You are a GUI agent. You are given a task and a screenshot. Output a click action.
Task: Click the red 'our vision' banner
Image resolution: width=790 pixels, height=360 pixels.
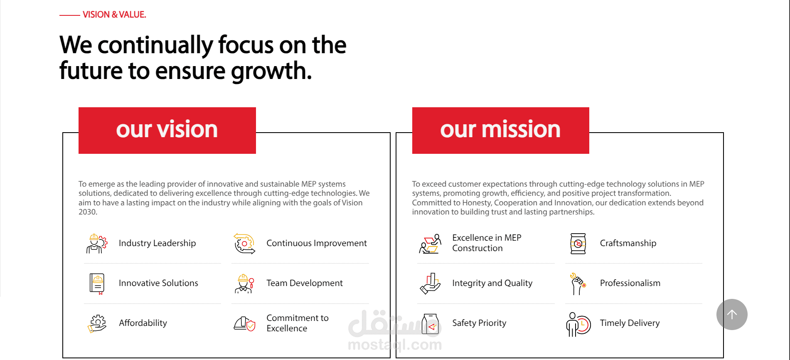click(167, 131)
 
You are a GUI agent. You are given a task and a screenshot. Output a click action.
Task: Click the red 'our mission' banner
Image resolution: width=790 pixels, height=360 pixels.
click(501, 131)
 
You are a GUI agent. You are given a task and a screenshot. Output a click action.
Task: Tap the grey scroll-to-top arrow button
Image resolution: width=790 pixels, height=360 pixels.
click(732, 314)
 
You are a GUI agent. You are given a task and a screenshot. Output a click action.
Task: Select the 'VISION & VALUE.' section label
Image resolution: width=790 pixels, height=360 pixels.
click(114, 15)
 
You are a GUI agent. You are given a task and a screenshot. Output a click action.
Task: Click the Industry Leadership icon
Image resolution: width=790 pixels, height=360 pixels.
click(97, 243)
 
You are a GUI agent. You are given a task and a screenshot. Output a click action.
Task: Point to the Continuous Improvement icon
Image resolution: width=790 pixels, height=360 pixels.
click(244, 243)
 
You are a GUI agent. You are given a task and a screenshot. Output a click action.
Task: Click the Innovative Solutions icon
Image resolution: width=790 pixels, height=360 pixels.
click(97, 284)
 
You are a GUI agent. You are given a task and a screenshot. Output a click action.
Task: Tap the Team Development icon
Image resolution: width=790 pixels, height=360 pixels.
click(244, 284)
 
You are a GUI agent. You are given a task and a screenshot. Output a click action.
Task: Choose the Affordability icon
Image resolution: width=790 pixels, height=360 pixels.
click(97, 323)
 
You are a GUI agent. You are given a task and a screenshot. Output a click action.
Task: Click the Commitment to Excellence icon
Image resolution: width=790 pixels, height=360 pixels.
click(244, 323)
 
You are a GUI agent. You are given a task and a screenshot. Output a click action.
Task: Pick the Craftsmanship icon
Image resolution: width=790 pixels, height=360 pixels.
click(578, 243)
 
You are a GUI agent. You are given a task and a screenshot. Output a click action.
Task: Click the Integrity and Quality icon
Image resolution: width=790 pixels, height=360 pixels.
click(430, 284)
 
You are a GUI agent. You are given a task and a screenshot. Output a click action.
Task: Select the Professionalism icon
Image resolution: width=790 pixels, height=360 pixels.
click(578, 284)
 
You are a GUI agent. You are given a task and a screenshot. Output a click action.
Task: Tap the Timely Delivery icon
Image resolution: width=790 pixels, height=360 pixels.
click(578, 324)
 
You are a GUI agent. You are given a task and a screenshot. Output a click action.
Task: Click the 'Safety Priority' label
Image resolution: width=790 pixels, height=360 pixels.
click(479, 323)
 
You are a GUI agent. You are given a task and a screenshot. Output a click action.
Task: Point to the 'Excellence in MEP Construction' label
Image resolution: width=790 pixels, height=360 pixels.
click(487, 243)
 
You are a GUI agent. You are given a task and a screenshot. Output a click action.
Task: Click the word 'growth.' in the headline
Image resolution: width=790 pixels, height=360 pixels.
click(271, 71)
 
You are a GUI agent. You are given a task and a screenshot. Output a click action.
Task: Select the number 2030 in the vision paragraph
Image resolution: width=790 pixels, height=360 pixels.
click(88, 212)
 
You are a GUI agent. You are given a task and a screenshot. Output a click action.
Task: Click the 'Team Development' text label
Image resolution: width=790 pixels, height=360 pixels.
click(305, 283)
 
